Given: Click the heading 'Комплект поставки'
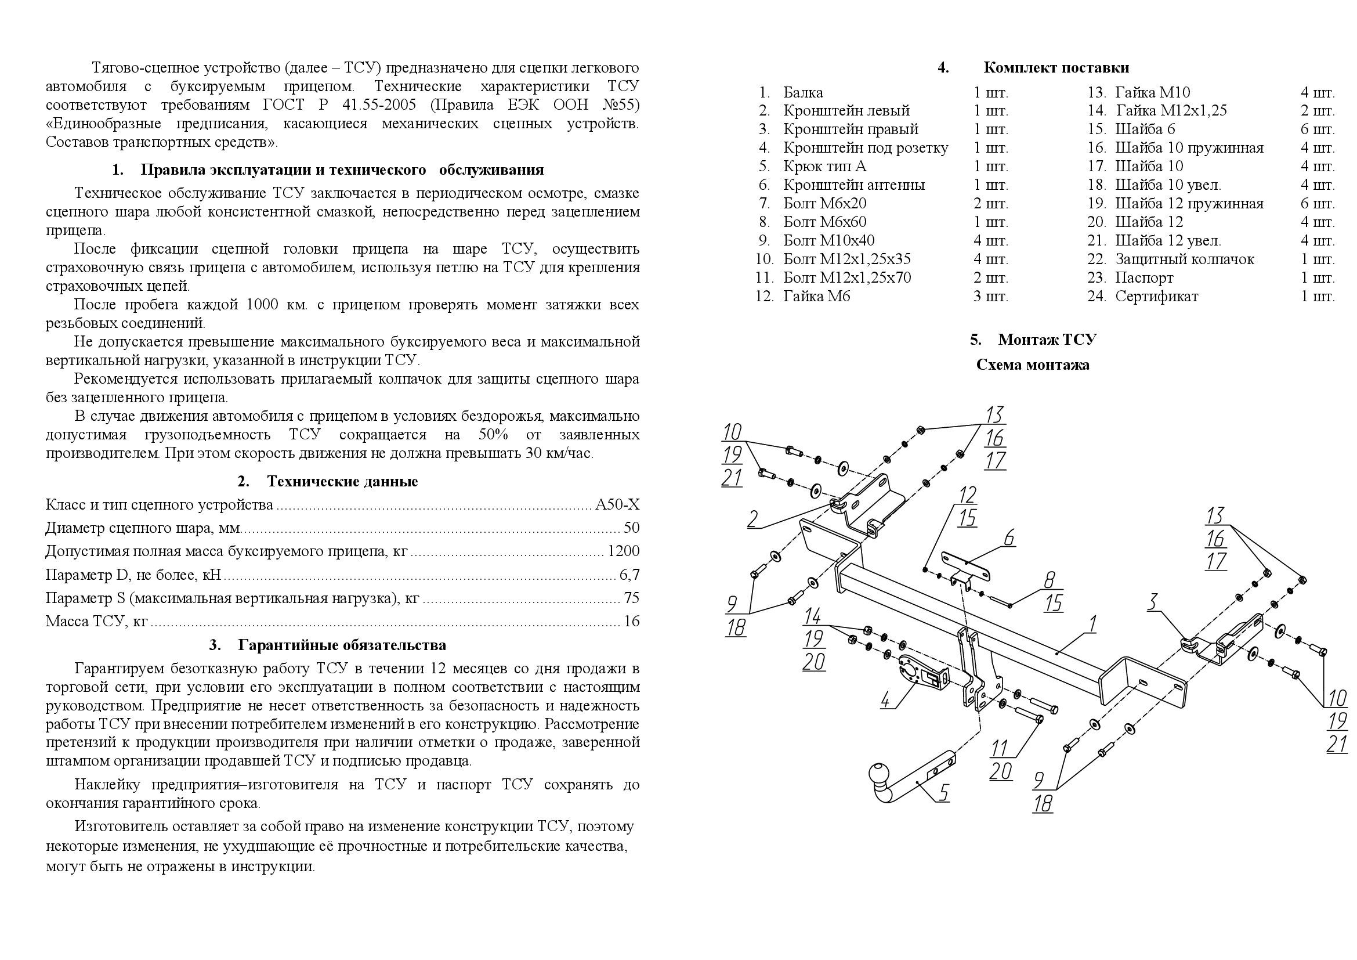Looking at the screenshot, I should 1055,67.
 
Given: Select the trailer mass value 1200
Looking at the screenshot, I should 624,551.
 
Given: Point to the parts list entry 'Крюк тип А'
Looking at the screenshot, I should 824,166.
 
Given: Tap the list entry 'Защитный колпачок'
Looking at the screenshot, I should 1184,259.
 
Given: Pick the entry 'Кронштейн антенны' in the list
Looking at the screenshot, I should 853,185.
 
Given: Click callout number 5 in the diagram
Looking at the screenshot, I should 944,793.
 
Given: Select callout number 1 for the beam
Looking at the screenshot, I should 1093,623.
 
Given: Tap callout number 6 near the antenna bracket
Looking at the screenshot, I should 1009,537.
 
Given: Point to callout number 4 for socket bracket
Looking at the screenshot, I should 885,701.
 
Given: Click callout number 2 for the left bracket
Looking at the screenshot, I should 752,519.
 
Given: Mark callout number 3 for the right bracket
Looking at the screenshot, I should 1152,602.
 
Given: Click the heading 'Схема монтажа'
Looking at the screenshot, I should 1033,364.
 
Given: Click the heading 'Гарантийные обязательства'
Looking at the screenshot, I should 342,645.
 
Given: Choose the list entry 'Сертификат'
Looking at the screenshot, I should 1156,296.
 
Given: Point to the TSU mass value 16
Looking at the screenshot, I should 631,621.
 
